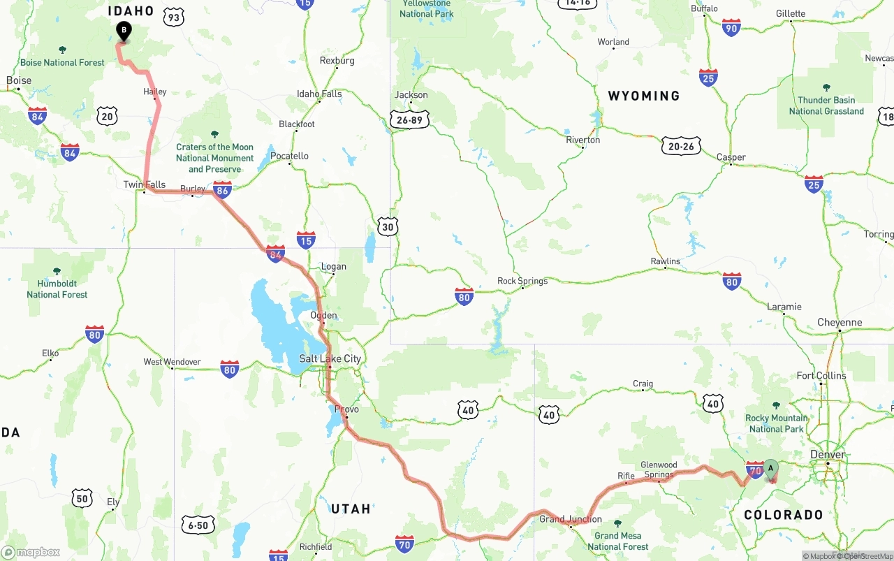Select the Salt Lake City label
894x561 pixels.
[330, 358]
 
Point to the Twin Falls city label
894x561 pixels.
[145, 184]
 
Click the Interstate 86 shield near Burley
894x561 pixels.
[222, 189]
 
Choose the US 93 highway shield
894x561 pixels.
[174, 17]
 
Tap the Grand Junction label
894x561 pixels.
[571, 519]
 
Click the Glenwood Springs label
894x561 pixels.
[659, 469]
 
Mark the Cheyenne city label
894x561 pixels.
[840, 322]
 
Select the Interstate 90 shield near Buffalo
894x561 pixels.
[731, 28]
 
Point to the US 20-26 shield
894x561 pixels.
[681, 146]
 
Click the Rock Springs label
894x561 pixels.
[522, 281]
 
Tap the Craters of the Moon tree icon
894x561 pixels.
[214, 134]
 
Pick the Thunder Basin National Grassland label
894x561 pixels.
[826, 105]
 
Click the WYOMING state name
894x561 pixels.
[643, 96]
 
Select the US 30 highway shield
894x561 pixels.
[388, 226]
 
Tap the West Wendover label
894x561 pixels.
[172, 362]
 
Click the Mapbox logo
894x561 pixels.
[31, 552]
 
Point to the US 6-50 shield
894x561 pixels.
[198, 525]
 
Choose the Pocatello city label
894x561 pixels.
[289, 156]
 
